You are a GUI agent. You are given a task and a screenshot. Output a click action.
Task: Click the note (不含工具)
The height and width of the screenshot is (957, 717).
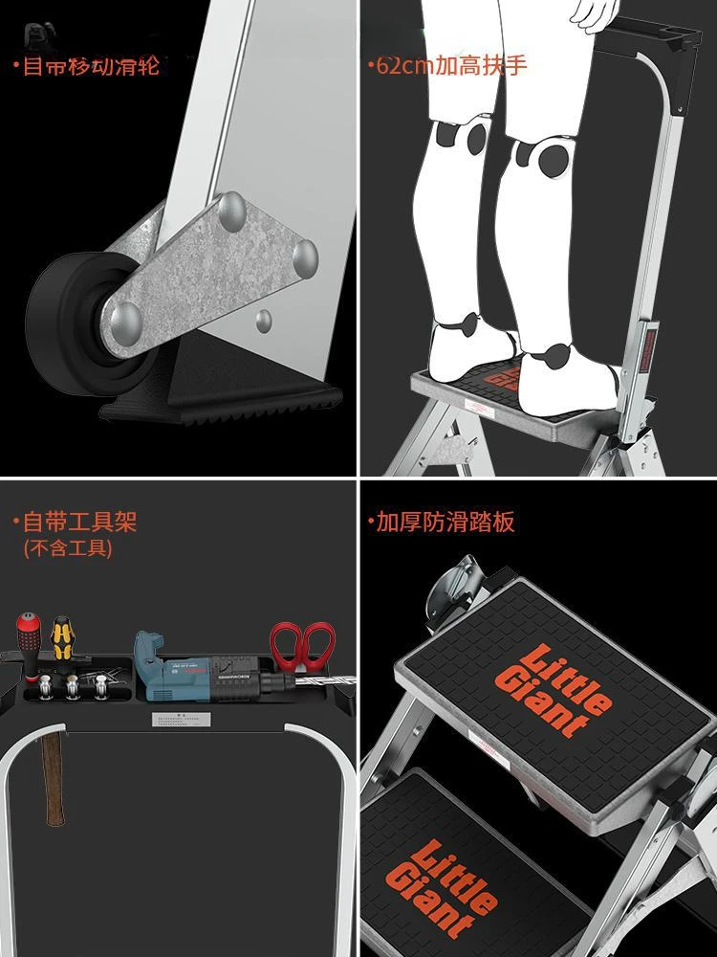(x=67, y=548)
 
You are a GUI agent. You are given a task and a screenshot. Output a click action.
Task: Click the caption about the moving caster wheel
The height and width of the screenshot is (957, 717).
(x=86, y=66)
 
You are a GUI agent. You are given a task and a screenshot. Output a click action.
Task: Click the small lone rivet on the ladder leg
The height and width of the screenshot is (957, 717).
(x=263, y=319)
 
